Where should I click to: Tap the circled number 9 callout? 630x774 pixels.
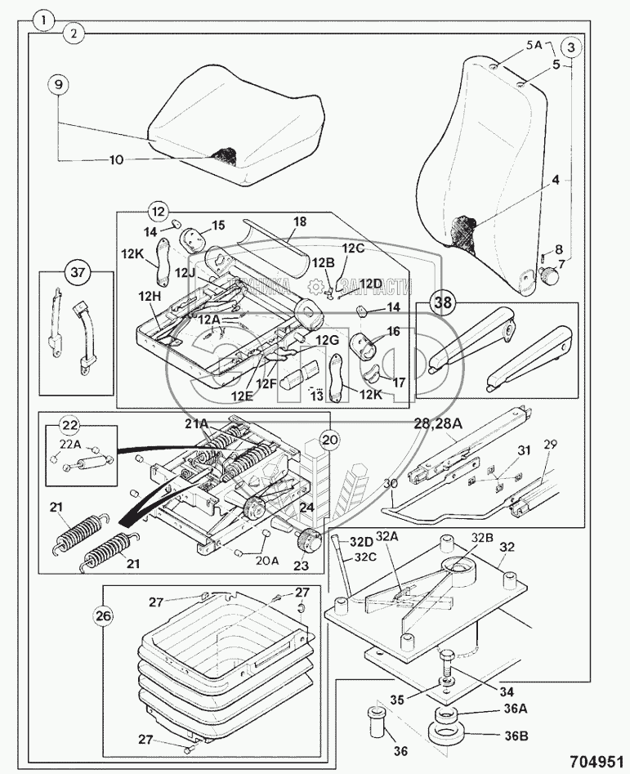tap(57, 85)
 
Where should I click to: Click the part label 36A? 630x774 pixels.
tap(515, 710)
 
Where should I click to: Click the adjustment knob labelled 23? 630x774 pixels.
tap(310, 540)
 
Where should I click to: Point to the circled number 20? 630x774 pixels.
tap(327, 439)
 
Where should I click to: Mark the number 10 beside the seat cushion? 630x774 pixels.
tap(116, 160)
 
